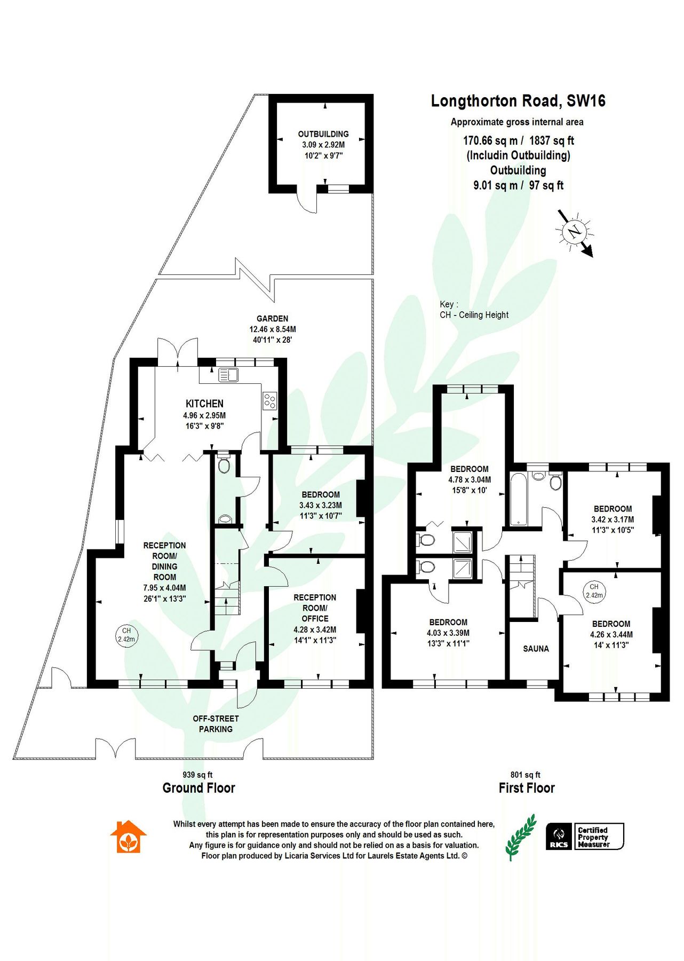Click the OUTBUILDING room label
[x=323, y=134]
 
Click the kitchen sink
[x=228, y=375]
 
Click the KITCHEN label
[x=204, y=404]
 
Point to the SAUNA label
[x=536, y=649]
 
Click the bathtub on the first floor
[x=518, y=499]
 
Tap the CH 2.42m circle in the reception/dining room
[x=126, y=635]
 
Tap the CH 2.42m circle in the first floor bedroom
[x=594, y=590]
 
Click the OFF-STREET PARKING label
[x=216, y=724]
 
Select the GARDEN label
[x=272, y=319]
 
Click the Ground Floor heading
[x=198, y=788]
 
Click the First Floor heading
[x=527, y=788]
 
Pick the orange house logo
[x=128, y=837]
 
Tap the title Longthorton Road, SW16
[x=518, y=101]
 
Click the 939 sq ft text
[x=197, y=775]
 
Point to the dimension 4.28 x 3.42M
[x=315, y=629]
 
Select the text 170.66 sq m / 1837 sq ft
[x=518, y=141]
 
